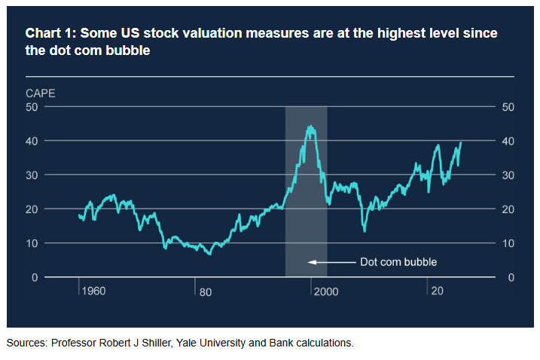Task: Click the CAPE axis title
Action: [x=40, y=94]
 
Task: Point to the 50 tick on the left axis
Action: [x=32, y=107]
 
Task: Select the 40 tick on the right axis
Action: [x=508, y=141]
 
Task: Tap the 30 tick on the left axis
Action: [x=32, y=175]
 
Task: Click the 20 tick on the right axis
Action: [x=508, y=209]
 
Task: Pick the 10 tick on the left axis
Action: [x=32, y=243]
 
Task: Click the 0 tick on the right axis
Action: [x=505, y=277]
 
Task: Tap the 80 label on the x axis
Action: [x=205, y=291]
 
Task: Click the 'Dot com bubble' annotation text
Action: [x=398, y=262]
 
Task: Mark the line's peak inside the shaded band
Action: [x=310, y=126]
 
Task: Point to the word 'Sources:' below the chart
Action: [x=26, y=343]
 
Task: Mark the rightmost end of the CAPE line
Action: [x=460, y=142]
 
